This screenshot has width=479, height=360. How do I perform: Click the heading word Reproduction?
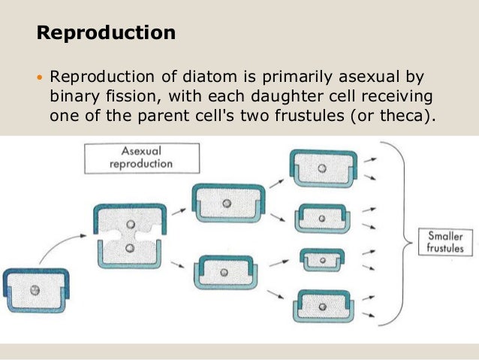tap(106, 34)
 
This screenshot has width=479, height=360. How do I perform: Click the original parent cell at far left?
tap(35, 290)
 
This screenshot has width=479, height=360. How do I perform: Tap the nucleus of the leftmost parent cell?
tap(35, 290)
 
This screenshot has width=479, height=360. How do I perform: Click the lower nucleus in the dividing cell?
tap(130, 248)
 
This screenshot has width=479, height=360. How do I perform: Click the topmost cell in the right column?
tap(321, 169)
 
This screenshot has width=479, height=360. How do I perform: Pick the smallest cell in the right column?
tap(322, 260)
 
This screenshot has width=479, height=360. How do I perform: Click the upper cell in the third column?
tap(226, 203)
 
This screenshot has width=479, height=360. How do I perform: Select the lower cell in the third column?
tap(226, 273)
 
